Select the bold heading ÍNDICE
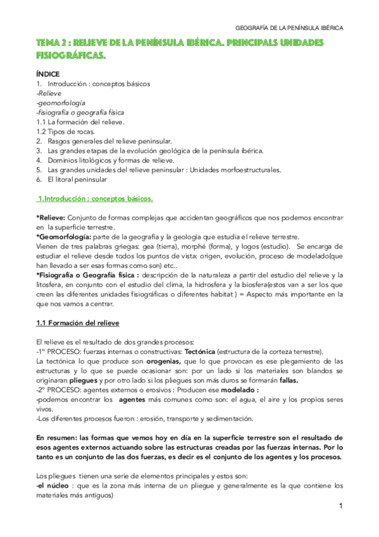coord(48,74)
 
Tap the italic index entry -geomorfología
coord(61,103)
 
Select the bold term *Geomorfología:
coord(63,237)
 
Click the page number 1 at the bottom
coord(340,506)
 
